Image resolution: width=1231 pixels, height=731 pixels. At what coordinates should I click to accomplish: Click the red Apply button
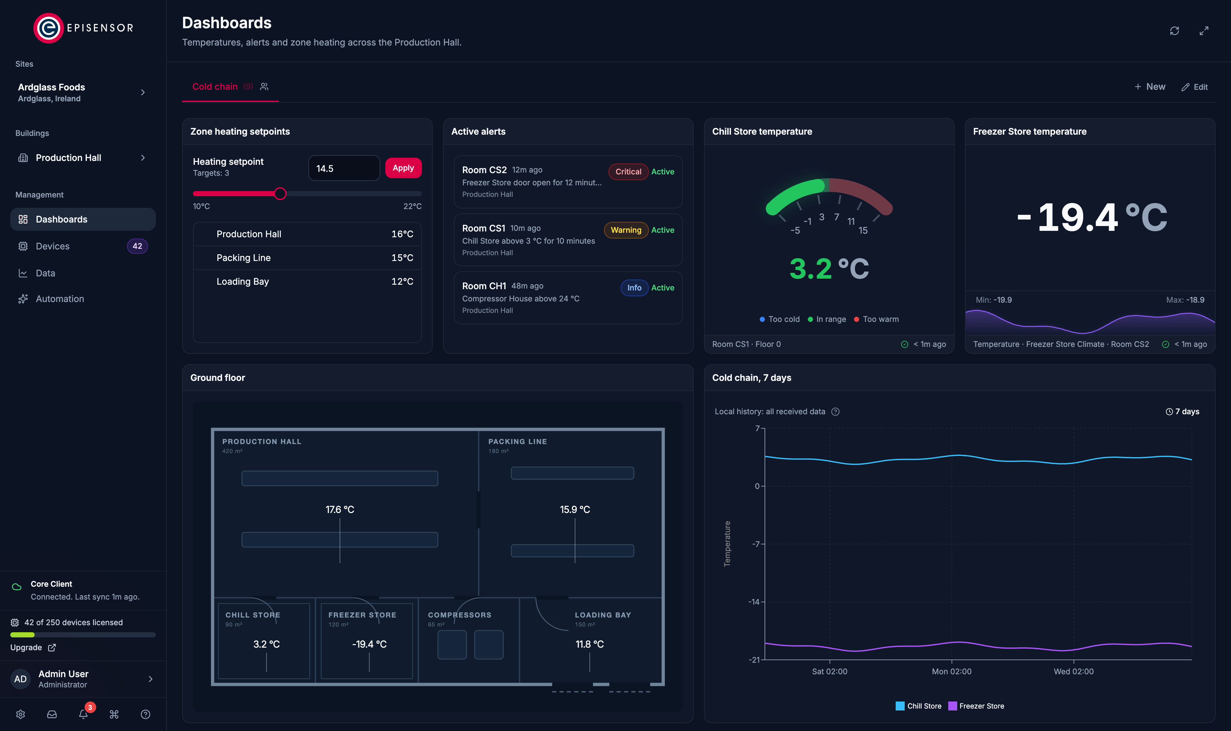coord(403,168)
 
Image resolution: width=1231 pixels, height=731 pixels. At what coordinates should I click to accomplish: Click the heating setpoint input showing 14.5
coord(344,168)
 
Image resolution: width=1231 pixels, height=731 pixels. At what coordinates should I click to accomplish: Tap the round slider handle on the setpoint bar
coord(280,194)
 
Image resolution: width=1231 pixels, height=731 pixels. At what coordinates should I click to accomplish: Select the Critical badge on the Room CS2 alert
coord(628,172)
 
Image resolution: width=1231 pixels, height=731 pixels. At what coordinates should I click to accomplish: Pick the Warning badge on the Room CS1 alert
coord(626,230)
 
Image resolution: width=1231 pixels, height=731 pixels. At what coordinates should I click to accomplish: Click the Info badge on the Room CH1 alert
coord(634,288)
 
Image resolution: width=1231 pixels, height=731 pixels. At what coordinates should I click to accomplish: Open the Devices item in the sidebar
coord(53,246)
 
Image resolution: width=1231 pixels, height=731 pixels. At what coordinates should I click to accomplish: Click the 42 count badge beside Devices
coord(138,246)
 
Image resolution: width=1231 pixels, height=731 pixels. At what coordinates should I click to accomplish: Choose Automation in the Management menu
coord(60,299)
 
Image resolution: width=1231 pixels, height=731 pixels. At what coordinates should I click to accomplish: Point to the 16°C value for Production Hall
coord(402,234)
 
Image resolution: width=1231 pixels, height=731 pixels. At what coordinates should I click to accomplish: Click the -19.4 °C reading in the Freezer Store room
coord(369,644)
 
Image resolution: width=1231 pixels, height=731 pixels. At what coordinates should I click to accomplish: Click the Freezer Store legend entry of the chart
coord(976,706)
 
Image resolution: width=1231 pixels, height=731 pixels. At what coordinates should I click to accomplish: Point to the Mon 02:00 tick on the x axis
coord(951,671)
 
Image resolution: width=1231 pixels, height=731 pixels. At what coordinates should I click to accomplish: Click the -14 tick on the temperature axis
coord(754,602)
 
